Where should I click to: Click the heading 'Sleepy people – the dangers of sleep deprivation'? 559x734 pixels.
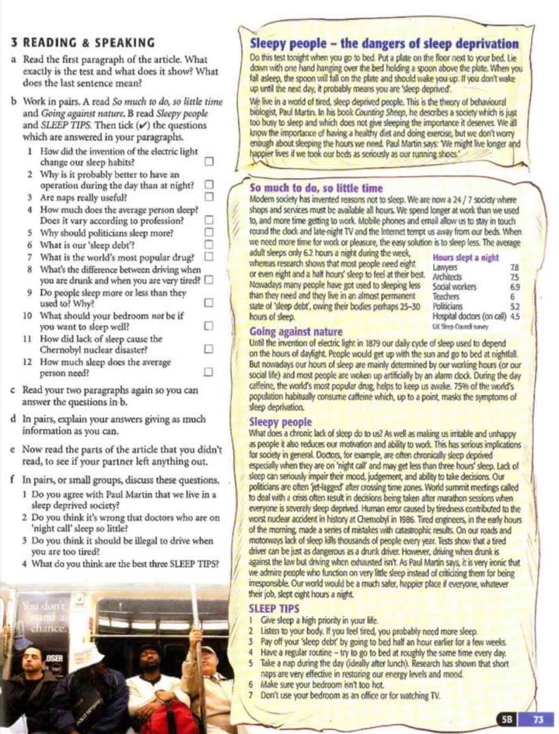click(x=384, y=44)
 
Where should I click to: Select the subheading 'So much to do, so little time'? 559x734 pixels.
click(x=316, y=188)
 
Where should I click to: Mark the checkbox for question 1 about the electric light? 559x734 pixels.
click(x=208, y=162)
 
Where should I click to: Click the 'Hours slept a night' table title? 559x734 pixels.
click(x=466, y=257)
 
